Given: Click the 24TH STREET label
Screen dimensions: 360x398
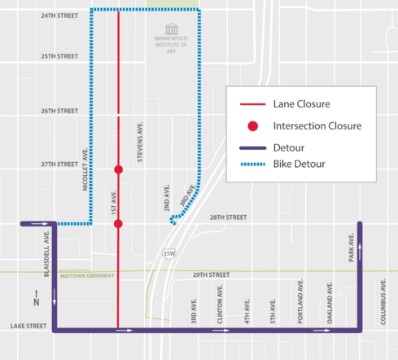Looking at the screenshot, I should point(59,15).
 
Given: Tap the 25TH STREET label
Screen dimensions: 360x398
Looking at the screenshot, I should point(59,56).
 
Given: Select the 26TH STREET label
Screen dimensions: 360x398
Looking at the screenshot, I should point(59,111).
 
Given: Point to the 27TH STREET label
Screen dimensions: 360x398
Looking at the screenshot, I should point(59,164).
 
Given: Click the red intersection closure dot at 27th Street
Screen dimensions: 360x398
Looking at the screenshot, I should point(119,169).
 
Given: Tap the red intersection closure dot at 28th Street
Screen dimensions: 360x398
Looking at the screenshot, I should point(119,223).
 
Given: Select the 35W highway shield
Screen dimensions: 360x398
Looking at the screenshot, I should point(168,253).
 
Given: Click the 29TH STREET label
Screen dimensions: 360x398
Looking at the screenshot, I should point(208,275).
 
